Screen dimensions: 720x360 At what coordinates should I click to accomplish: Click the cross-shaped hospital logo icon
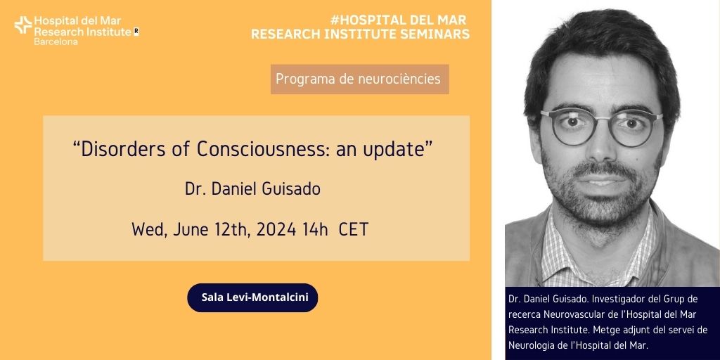tap(23, 25)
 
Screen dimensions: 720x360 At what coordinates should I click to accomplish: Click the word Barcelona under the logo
tap(56, 41)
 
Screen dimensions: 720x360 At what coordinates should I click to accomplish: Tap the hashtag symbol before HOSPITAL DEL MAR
tap(335, 20)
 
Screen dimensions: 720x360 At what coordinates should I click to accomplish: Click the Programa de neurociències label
tap(359, 79)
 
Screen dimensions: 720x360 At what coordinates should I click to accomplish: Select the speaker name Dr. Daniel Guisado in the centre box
tap(252, 189)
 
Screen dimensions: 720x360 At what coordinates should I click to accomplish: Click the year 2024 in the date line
tap(276, 229)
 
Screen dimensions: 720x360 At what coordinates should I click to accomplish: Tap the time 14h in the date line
tap(315, 229)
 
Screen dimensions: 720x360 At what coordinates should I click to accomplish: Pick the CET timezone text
tap(354, 229)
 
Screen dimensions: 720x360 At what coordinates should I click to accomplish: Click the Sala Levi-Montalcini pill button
tap(252, 297)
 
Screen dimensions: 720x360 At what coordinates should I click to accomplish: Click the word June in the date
tap(188, 229)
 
